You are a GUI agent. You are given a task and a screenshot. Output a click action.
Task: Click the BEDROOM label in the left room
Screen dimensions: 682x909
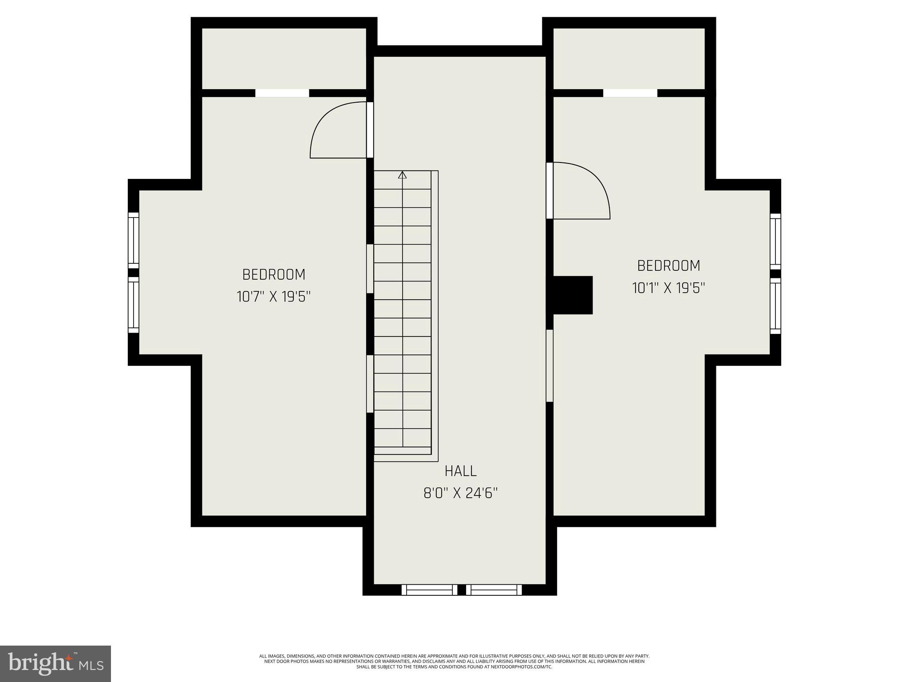click(x=274, y=274)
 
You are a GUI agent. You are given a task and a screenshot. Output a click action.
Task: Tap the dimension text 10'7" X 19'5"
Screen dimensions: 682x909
click(x=273, y=297)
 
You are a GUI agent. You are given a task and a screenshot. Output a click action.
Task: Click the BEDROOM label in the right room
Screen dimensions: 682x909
click(x=668, y=266)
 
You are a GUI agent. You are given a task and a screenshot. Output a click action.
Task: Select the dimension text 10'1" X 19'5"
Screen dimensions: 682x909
click(x=668, y=288)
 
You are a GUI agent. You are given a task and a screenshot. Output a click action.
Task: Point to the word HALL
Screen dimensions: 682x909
click(x=461, y=471)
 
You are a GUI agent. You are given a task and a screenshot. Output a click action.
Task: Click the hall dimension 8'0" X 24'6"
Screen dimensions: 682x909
click(x=461, y=493)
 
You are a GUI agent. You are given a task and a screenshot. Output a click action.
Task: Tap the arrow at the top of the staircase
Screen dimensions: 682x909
click(x=403, y=175)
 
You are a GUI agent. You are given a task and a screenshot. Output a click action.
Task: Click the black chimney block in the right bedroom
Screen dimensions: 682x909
click(x=572, y=295)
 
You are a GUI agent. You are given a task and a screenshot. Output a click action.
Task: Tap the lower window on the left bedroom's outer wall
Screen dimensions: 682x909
click(x=134, y=305)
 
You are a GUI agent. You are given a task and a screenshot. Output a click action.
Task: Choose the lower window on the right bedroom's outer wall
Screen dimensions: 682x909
click(x=775, y=306)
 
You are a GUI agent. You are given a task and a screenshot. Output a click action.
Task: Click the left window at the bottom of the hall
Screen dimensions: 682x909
click(x=429, y=590)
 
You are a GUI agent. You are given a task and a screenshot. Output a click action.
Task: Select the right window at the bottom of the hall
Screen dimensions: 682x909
click(x=494, y=590)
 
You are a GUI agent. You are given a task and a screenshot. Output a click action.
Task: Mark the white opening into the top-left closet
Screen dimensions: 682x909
click(x=282, y=93)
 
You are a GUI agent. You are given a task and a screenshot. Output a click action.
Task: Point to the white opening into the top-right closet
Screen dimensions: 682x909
click(x=630, y=93)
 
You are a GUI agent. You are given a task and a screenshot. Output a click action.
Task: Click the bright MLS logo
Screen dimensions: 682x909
click(x=55, y=663)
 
